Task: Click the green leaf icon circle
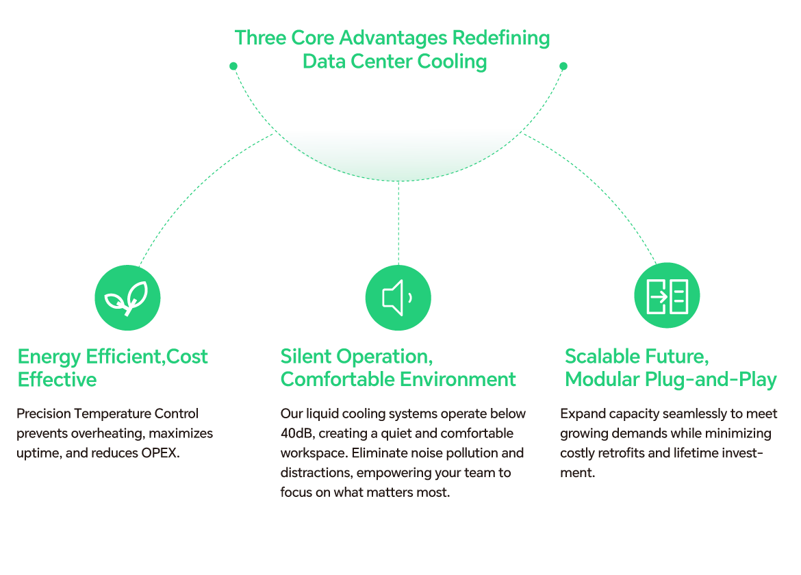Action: pyautogui.click(x=127, y=298)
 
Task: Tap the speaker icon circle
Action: pyautogui.click(x=398, y=298)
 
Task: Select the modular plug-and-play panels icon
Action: pyautogui.click(x=667, y=295)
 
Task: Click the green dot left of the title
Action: pyautogui.click(x=233, y=66)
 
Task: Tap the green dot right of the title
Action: pyautogui.click(x=563, y=66)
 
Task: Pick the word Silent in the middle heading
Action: pyautogui.click(x=305, y=357)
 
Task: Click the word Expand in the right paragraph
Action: pyautogui.click(x=581, y=413)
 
